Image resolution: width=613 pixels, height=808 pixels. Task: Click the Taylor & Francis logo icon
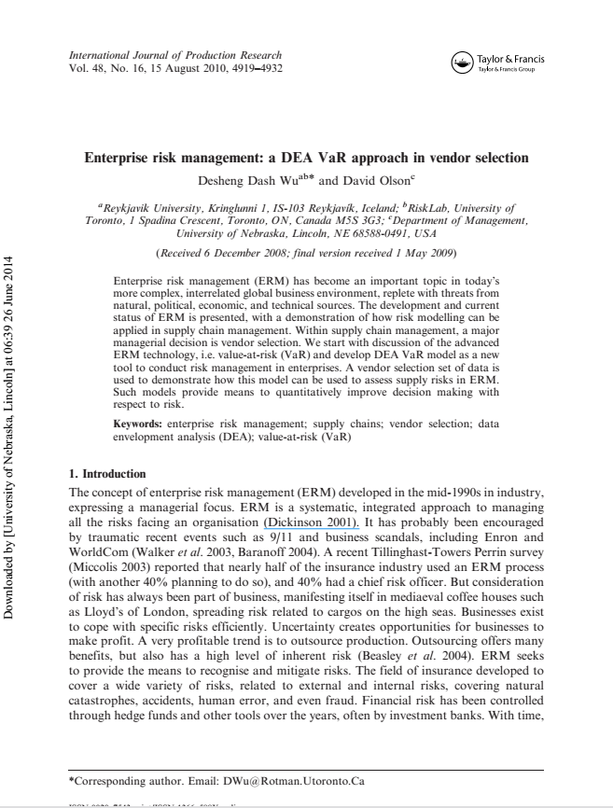[x=462, y=63]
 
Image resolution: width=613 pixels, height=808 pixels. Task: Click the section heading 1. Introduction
[x=107, y=474]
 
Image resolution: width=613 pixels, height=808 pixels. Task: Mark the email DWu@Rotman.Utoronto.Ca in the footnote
[x=286, y=780]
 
